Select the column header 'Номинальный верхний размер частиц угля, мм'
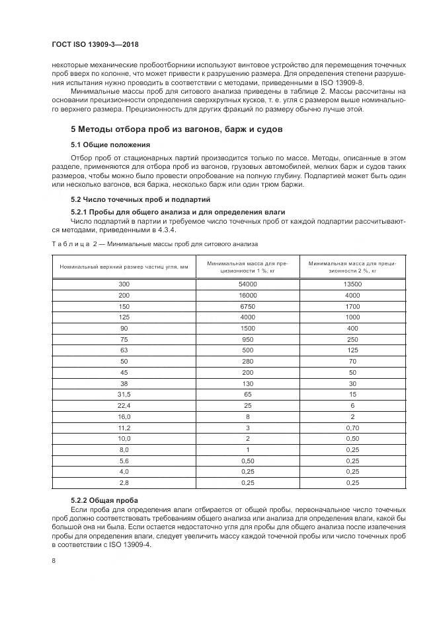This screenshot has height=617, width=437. pos(124,267)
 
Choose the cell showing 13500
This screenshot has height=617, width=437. pos(352,284)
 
